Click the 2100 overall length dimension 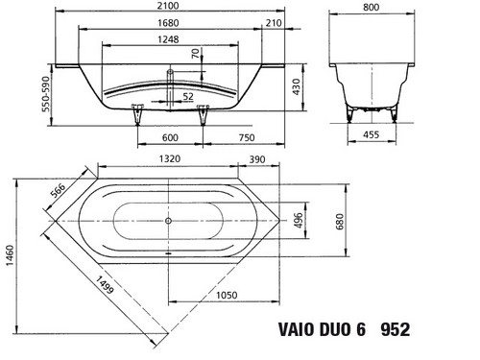(x=168, y=6)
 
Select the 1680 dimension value (x=168, y=23)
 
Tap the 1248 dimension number (x=168, y=39)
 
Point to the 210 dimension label (x=274, y=23)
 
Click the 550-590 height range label (x=46, y=94)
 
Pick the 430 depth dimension (x=296, y=87)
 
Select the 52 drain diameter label (x=188, y=96)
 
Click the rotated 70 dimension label (x=195, y=54)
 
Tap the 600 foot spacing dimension (x=170, y=137)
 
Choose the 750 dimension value (x=247, y=137)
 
